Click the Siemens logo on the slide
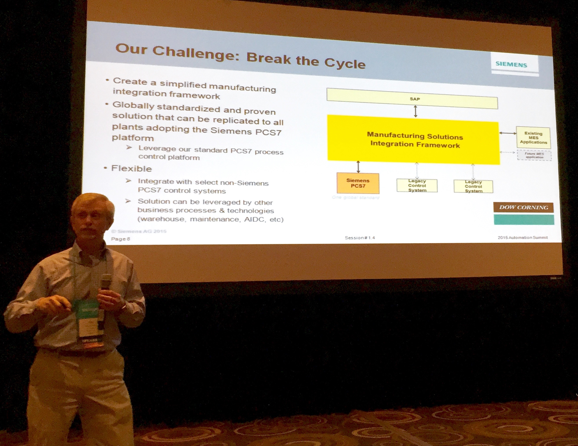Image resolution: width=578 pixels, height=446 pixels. (x=511, y=64)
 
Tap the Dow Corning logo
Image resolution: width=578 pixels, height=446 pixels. (x=524, y=207)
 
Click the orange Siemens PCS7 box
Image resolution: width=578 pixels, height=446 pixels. (x=358, y=183)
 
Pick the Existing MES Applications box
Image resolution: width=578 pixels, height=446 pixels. (x=533, y=138)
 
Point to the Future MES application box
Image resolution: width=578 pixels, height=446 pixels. (x=534, y=155)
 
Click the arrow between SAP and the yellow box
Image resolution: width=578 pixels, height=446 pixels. (x=415, y=111)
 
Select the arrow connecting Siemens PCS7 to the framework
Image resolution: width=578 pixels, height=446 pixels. (x=358, y=166)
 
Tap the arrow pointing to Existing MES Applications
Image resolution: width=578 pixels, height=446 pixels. (x=508, y=133)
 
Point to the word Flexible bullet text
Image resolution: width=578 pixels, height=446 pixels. (x=132, y=168)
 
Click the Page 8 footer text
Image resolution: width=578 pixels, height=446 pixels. (x=120, y=239)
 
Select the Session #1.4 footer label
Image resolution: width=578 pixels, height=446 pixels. (x=360, y=238)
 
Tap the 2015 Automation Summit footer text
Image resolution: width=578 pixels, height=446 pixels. (x=523, y=237)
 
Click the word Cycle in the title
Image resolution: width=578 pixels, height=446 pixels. (x=345, y=63)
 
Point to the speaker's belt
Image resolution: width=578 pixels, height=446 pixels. (x=78, y=352)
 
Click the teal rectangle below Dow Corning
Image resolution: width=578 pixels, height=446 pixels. (x=524, y=220)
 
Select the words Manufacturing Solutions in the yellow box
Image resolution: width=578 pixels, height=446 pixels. (x=415, y=136)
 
